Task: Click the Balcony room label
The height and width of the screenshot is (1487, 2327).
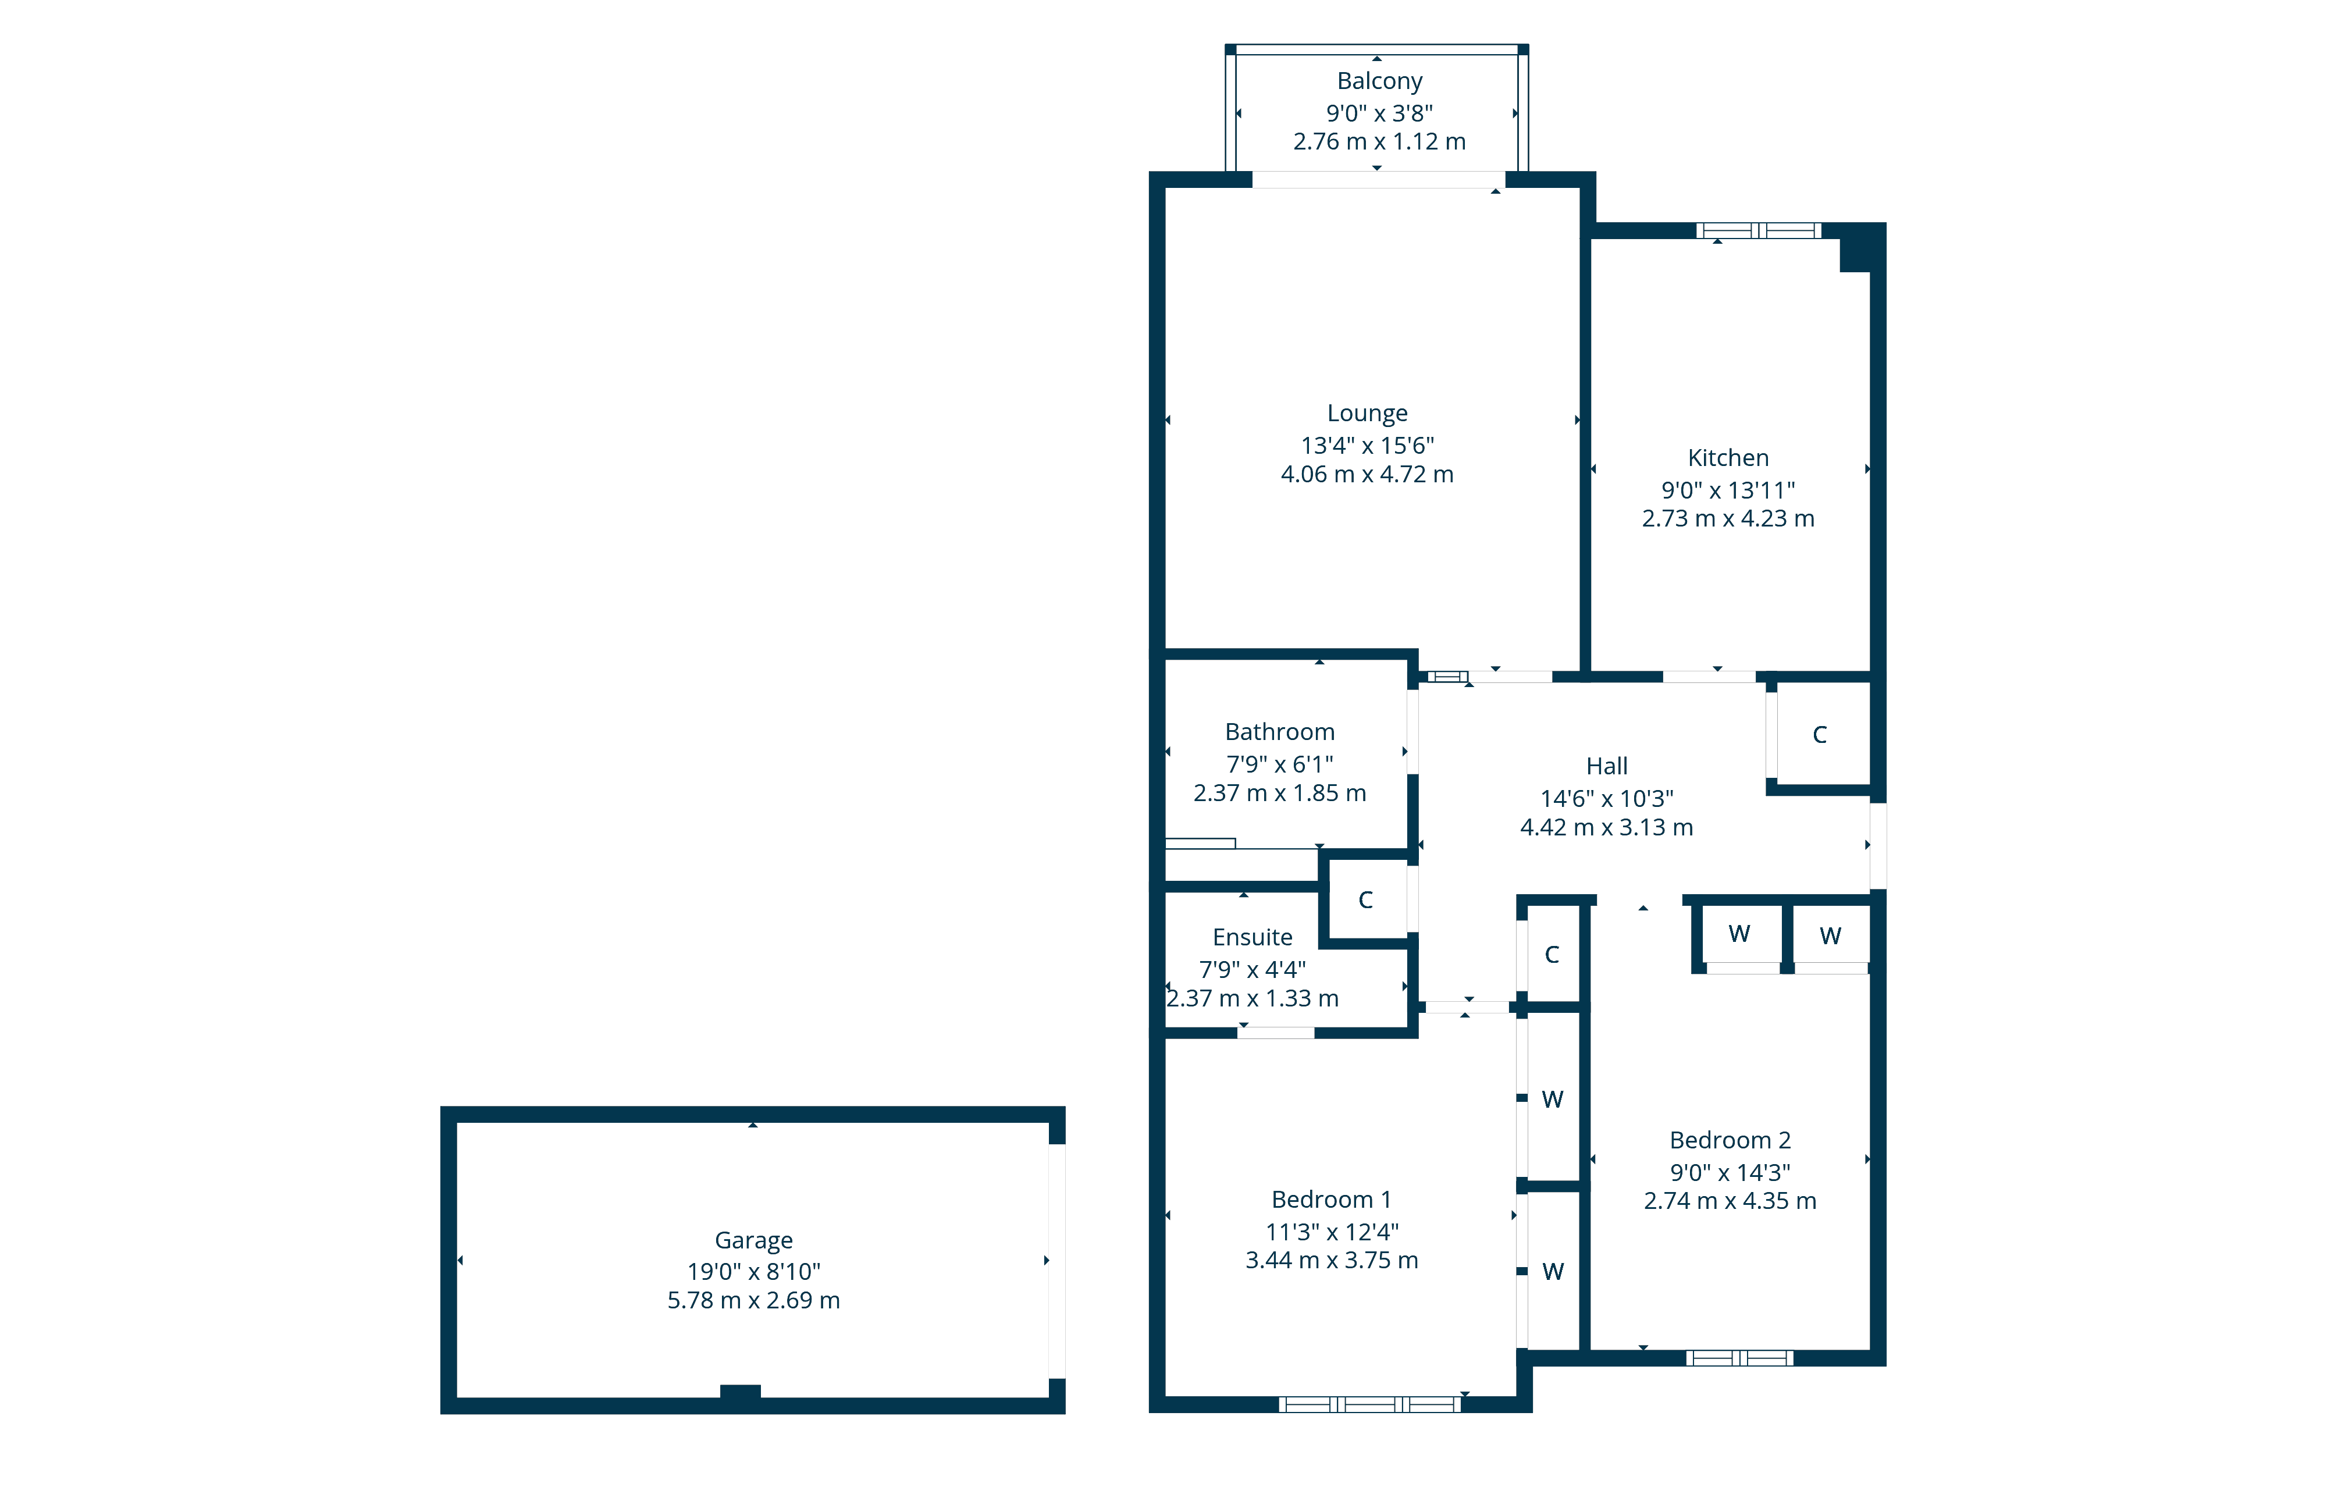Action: point(1379,82)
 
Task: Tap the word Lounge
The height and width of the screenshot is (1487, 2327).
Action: point(1367,414)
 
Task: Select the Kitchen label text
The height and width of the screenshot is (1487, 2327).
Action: point(1728,458)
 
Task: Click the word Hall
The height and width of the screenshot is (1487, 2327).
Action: point(1607,766)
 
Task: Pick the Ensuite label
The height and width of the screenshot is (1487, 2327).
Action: point(1253,937)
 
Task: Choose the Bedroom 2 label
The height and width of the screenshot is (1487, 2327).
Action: point(1730,1140)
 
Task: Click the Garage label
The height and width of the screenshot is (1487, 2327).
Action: point(754,1240)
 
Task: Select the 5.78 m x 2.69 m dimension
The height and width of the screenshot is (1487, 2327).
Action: point(754,1300)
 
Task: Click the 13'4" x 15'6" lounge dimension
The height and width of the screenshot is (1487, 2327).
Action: point(1367,446)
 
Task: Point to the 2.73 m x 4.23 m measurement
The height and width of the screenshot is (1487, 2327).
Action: point(1728,519)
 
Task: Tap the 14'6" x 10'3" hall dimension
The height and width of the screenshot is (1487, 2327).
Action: point(1607,799)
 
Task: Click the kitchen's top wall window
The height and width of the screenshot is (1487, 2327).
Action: point(1759,230)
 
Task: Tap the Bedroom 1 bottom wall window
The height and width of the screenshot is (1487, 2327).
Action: point(1369,1404)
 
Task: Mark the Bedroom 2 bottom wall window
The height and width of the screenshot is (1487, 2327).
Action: point(1739,1357)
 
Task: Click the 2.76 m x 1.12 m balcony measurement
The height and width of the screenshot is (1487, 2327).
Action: point(1379,142)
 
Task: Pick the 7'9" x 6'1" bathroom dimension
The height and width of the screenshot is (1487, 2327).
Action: point(1279,764)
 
